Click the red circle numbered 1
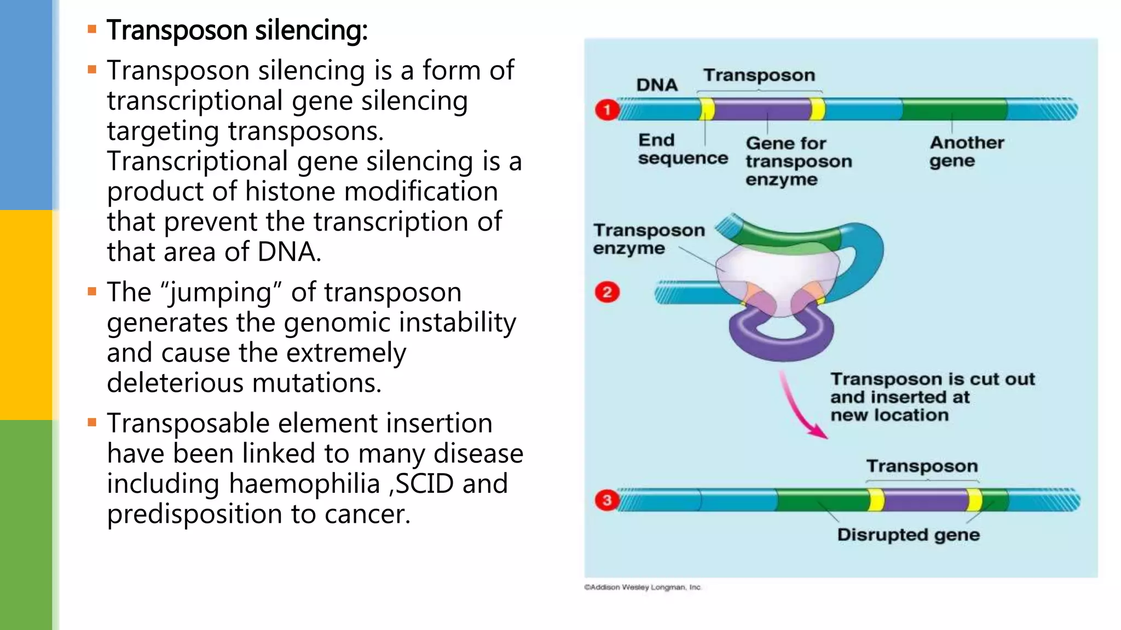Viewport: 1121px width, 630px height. point(607,110)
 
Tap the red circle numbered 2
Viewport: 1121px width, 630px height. point(607,292)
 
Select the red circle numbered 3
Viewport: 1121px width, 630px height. point(607,500)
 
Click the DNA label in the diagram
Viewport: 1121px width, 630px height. point(657,85)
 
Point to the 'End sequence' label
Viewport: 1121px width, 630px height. point(683,149)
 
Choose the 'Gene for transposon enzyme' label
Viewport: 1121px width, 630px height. point(798,161)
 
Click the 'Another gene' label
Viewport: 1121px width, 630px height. point(967,151)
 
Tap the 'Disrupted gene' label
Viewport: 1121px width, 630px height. point(908,534)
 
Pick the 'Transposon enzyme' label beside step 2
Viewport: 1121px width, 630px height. point(649,239)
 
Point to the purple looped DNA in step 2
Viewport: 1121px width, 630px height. point(781,339)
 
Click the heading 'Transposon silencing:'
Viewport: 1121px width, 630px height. point(236,30)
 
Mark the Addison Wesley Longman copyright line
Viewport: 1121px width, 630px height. point(643,587)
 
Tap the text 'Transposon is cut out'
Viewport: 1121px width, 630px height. point(932,379)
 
